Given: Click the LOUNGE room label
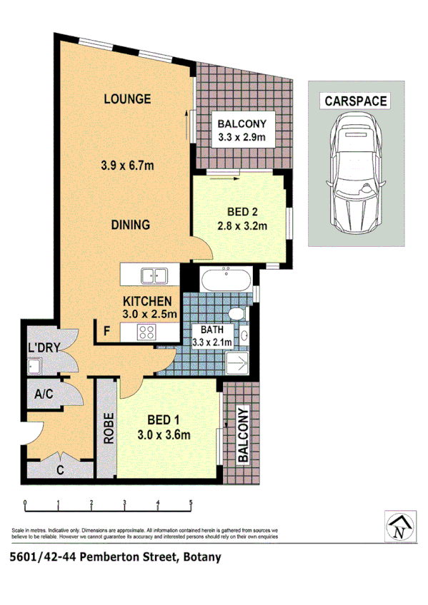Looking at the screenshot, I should coord(126,99).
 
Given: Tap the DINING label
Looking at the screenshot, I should coord(130,225).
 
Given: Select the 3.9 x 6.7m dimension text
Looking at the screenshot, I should coord(129,166).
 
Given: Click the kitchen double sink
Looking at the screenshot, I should coord(151,275).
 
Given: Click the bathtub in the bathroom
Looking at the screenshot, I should coord(226,279).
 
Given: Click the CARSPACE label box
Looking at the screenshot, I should coord(355,101).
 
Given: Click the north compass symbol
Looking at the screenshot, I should coord(402,527).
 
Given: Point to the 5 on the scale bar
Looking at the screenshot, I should coord(191,503).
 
